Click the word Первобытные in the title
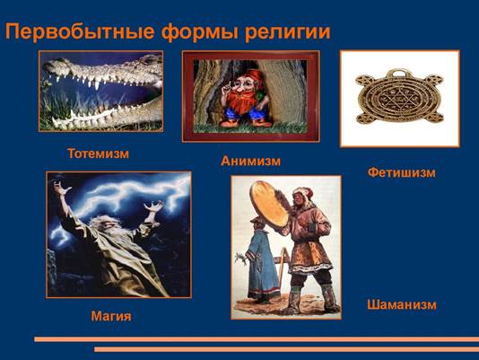79,31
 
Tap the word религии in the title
287,32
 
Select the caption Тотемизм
98,154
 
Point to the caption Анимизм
250,161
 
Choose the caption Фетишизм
401,172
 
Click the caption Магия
111,316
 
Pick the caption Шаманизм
402,304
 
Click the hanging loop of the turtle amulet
398,74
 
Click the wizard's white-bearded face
105,225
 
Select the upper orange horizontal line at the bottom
257,339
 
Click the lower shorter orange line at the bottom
286,349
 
